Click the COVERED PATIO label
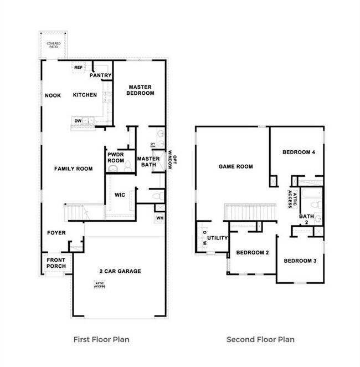pos(54,45)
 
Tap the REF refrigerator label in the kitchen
pos(79,68)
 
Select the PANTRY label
pos(101,75)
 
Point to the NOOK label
pos(53,95)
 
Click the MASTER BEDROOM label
pos(141,90)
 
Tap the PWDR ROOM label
pos(116,157)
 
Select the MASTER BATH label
pos(148,161)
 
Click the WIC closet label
pos(120,195)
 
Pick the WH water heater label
pos(160,218)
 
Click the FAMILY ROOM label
pos(73,169)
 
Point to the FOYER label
pos(56,233)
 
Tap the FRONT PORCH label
pos(56,263)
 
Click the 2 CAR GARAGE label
pos(120,271)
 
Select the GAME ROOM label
pos(235,166)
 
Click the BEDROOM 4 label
pos(295,152)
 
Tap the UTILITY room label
pos(218,238)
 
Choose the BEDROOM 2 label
pos(252,253)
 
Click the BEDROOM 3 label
pos(300,261)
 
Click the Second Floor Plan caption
pos(260,339)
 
